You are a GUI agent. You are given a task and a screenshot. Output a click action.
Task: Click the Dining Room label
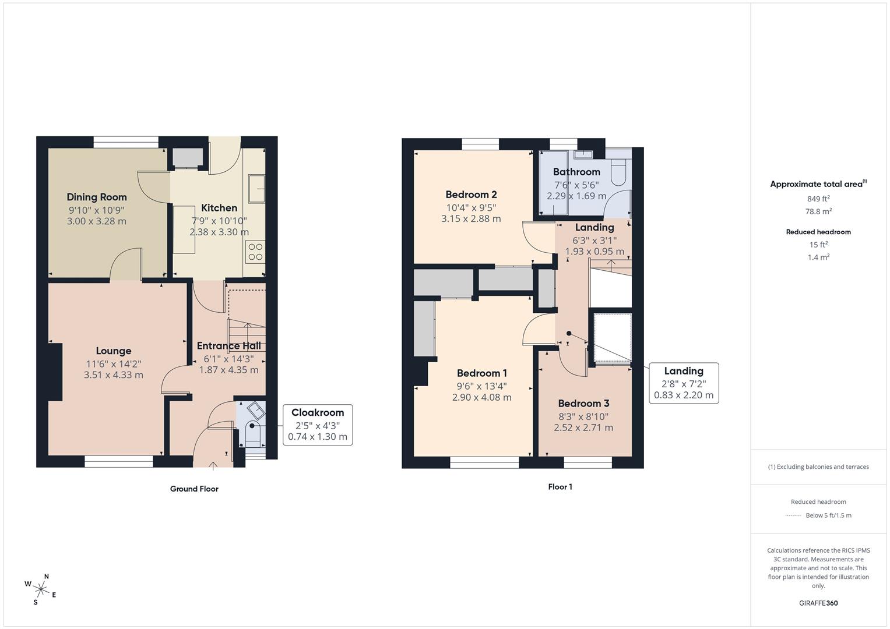pyautogui.click(x=97, y=197)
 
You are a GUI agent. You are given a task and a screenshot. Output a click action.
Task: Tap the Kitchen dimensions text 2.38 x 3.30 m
pyautogui.click(x=219, y=232)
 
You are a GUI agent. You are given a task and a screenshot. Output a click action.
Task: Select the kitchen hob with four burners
pyautogui.click(x=255, y=252)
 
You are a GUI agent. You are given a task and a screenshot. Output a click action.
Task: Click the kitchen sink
pyautogui.click(x=256, y=189)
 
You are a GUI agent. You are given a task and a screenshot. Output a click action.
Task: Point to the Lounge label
pyautogui.click(x=114, y=351)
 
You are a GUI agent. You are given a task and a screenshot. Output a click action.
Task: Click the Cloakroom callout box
pyautogui.click(x=318, y=425)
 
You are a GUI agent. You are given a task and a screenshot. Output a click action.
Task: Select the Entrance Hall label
pyautogui.click(x=229, y=346)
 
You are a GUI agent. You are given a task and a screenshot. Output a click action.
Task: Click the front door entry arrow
pyautogui.click(x=213, y=466)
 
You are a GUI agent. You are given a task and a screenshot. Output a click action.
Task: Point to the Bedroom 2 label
pyautogui.click(x=471, y=195)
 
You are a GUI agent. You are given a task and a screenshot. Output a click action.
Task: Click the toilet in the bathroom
pyautogui.click(x=618, y=172)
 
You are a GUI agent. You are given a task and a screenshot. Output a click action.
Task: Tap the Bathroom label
pyautogui.click(x=576, y=172)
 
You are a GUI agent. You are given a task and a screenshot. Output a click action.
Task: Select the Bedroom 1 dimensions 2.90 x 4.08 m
pyautogui.click(x=482, y=397)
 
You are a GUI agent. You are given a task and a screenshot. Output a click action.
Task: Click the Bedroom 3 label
pyautogui.click(x=583, y=404)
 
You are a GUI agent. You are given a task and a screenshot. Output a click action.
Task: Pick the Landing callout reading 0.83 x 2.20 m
pyautogui.click(x=684, y=383)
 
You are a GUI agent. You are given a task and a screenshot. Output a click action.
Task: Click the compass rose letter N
pyautogui.click(x=47, y=577)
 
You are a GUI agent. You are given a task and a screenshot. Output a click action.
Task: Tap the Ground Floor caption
pyautogui.click(x=194, y=489)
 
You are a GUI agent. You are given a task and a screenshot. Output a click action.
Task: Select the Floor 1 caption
pyautogui.click(x=560, y=487)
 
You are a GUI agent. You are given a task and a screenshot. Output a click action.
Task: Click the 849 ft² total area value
pyautogui.click(x=818, y=199)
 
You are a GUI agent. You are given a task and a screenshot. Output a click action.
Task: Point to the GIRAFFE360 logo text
pyautogui.click(x=818, y=603)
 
